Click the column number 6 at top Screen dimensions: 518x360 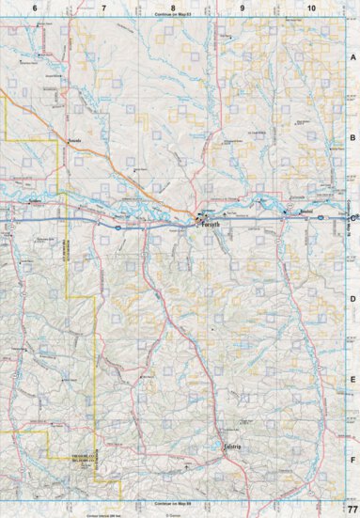(x=35, y=8)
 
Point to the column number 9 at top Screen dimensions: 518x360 (x=242, y=8)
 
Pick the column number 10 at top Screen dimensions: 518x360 (x=310, y=8)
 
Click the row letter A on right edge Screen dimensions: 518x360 (x=353, y=57)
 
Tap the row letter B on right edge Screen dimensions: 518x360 (x=353, y=138)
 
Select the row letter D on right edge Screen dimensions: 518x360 (x=353, y=300)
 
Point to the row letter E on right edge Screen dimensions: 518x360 (x=353, y=380)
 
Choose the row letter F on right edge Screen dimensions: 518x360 (x=353, y=460)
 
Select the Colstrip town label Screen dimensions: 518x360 (x=233, y=447)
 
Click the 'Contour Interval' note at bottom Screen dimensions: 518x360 (x=104, y=514)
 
